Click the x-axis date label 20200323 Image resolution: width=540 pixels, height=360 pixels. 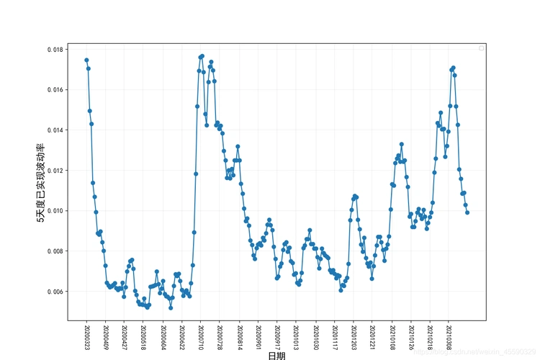coord(86,337)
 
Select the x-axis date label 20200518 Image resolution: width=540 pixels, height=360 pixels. coord(143,337)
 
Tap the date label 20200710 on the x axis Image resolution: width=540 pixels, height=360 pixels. coord(201,337)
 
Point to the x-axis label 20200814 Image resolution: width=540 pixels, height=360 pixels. coord(239,337)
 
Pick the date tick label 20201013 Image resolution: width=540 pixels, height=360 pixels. coord(296,337)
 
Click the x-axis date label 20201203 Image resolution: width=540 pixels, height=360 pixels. coord(354,337)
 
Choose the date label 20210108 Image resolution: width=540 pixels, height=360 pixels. coord(392,337)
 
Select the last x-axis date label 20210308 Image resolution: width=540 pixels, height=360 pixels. coord(449,337)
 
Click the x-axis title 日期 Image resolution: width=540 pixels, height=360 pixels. coord(276,355)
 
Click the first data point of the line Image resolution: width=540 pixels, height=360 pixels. coord(86,60)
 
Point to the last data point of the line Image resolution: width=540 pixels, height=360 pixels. coord(467,212)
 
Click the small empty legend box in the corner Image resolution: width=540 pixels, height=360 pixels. coord(482,48)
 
